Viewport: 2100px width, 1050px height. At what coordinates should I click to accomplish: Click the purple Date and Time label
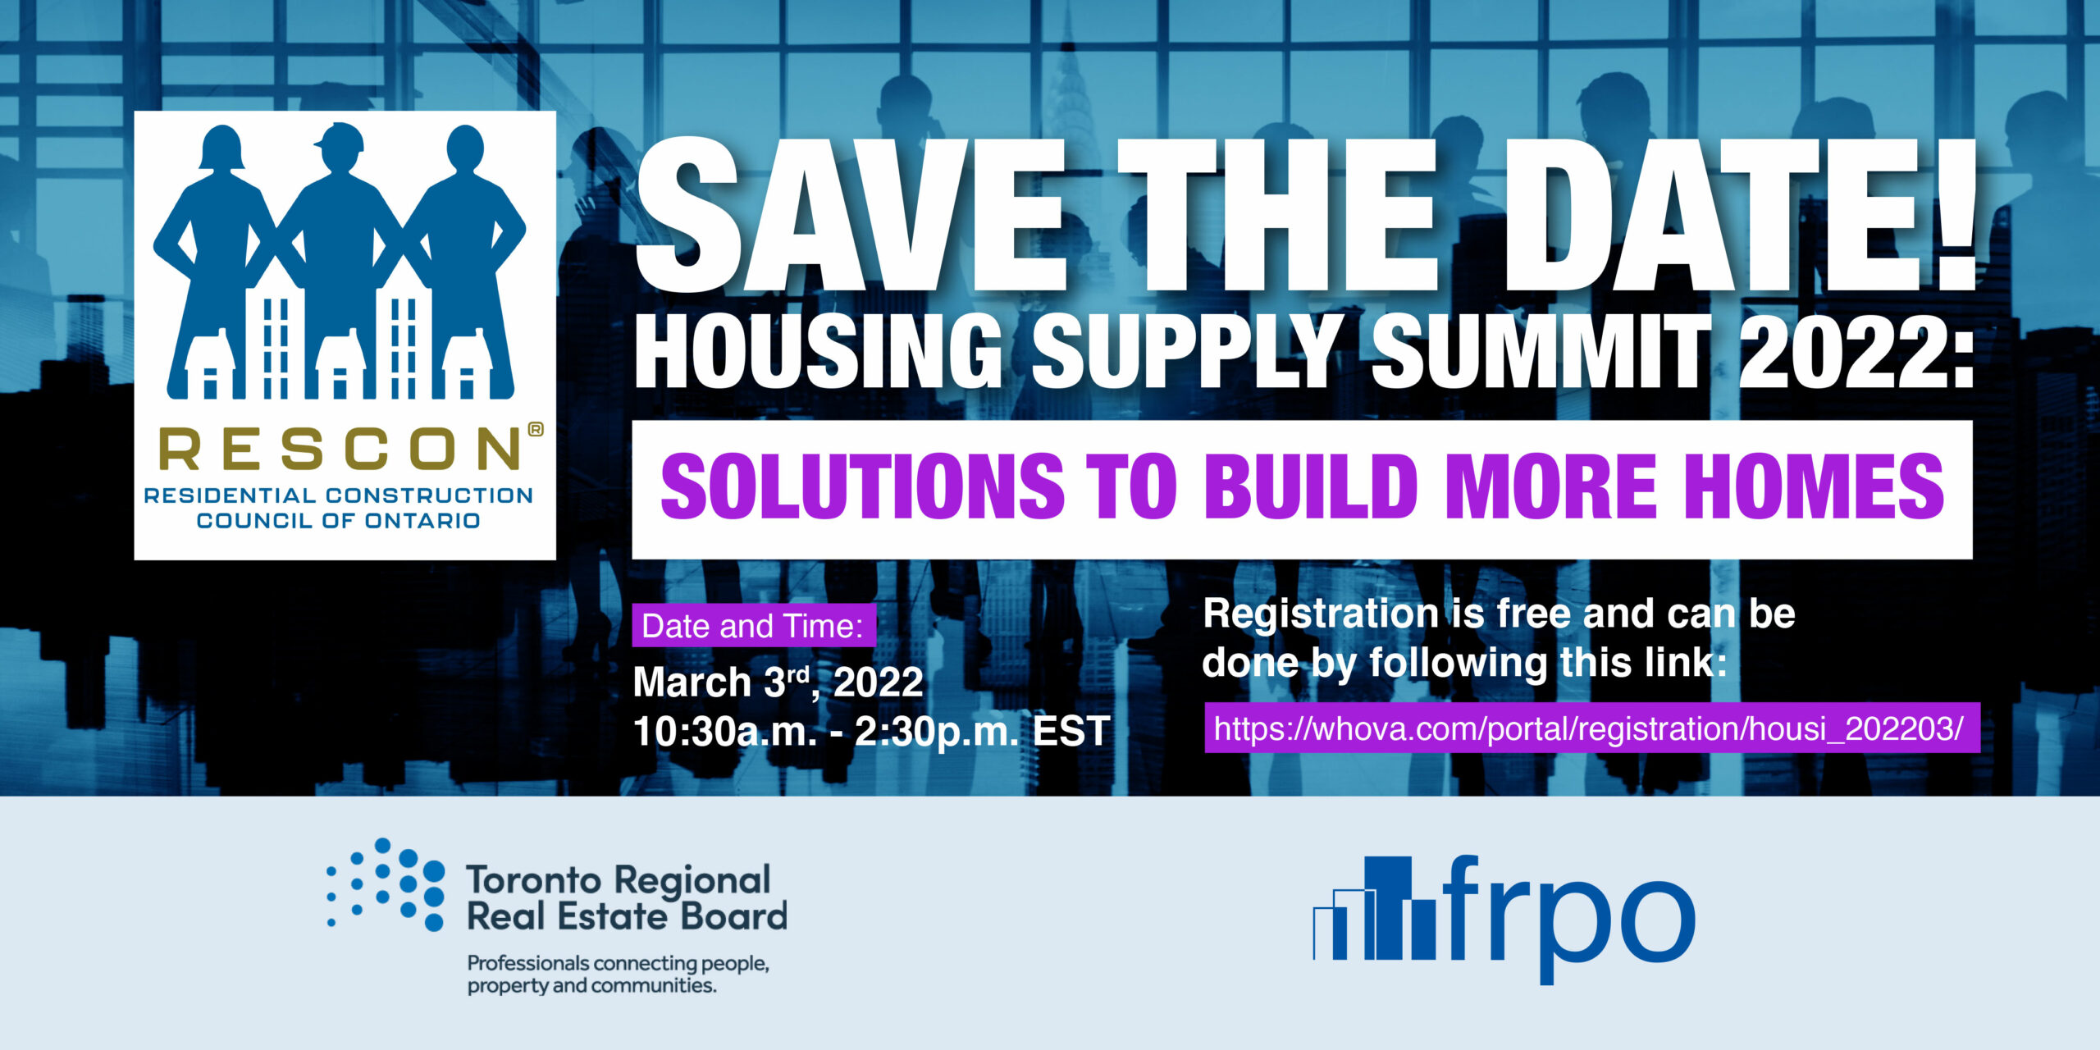point(753,626)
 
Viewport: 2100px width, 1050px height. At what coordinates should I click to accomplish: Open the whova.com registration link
point(1591,728)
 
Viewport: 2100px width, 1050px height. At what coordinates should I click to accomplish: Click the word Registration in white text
point(1321,614)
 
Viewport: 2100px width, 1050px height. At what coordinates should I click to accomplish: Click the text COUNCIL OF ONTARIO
point(338,521)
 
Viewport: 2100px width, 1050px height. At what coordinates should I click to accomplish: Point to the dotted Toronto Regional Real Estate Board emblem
point(386,884)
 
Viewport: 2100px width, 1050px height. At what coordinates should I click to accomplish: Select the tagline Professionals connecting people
point(618,963)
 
